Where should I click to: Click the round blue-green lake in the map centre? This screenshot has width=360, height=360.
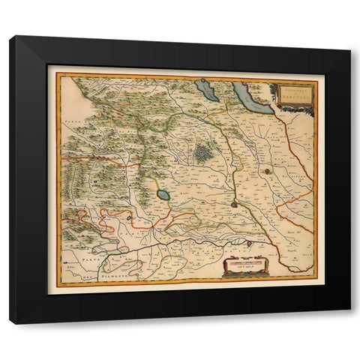click(163, 196)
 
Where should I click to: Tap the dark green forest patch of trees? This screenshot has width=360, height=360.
click(204, 153)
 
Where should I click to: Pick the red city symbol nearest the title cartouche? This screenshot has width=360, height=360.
click(265, 172)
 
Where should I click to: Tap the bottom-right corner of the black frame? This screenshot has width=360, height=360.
click(350, 323)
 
